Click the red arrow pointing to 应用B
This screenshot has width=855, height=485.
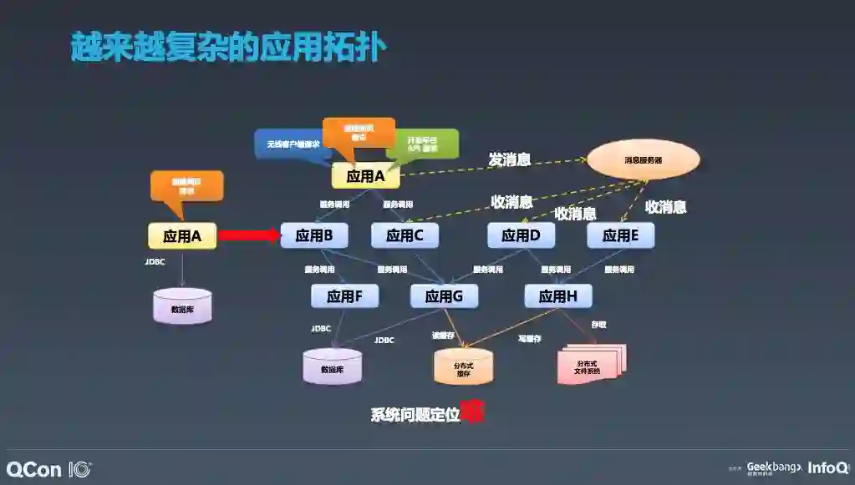[248, 236]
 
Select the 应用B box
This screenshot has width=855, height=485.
[314, 236]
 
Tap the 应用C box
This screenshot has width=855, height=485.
[405, 236]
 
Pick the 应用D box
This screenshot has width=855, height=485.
[521, 236]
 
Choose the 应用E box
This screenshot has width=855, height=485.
[620, 236]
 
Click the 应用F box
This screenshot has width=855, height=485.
[344, 296]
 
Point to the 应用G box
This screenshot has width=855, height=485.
[443, 296]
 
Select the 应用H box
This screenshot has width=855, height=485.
[557, 296]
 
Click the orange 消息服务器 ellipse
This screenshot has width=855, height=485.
[643, 159]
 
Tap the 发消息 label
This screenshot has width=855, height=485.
[509, 159]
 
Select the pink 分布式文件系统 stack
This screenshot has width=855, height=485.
[590, 364]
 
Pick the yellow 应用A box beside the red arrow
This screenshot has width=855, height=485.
[182, 236]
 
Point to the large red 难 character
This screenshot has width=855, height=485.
[473, 412]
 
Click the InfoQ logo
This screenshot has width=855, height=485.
[827, 467]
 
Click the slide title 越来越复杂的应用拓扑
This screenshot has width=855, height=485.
[228, 48]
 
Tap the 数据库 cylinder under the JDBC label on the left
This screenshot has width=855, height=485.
[183, 307]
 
